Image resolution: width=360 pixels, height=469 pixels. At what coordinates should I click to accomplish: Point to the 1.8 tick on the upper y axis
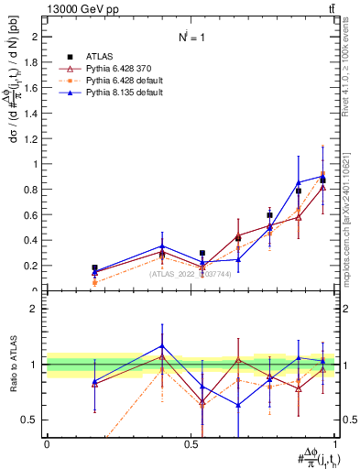[x=34, y=62]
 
